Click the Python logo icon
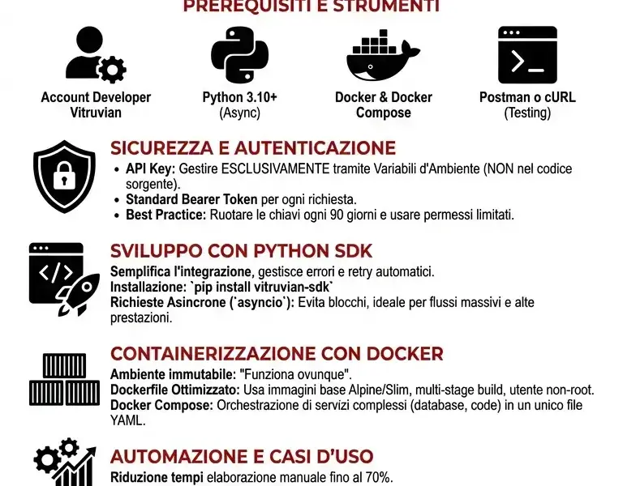239,54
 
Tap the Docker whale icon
383,55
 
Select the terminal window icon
527,55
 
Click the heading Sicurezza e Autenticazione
253,148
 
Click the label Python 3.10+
239,97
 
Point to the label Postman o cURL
527,97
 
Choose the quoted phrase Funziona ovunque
294,375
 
